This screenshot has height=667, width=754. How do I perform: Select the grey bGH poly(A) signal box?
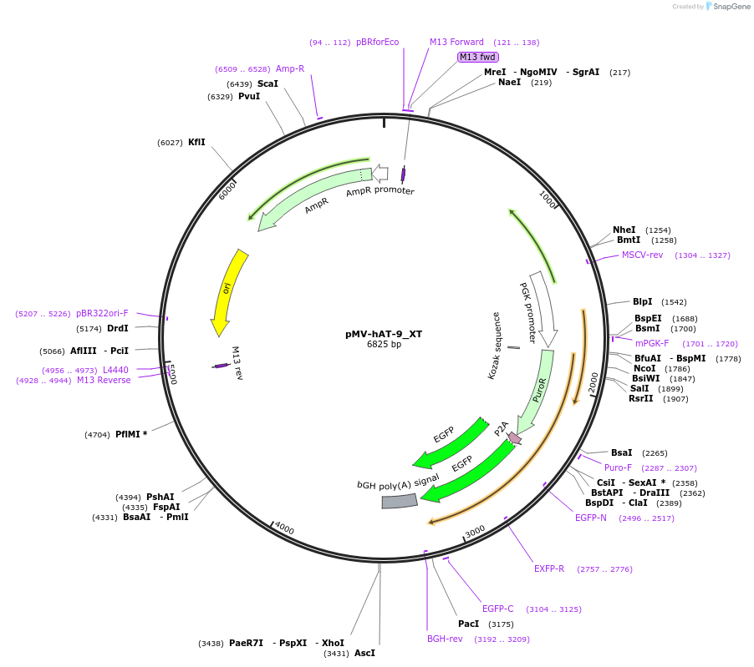pyautogui.click(x=400, y=501)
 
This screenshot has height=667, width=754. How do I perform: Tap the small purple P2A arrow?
pyautogui.click(x=515, y=437)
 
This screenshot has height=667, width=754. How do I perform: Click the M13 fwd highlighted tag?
pyautogui.click(x=478, y=57)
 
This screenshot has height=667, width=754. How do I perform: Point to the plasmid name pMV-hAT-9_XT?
pyautogui.click(x=384, y=334)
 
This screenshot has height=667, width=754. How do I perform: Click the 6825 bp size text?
pyautogui.click(x=384, y=344)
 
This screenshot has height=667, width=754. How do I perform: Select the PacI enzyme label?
pyautogui.click(x=468, y=624)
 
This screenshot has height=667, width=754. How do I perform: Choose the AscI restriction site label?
pyautogui.click(x=364, y=653)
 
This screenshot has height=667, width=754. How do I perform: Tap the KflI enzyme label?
pyautogui.click(x=196, y=142)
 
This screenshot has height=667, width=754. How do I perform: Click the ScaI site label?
pyautogui.click(x=267, y=83)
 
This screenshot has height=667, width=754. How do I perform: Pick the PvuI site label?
pyautogui.click(x=249, y=96)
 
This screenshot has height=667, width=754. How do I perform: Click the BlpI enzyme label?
pyautogui.click(x=642, y=301)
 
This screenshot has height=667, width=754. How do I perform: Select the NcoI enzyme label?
pyautogui.click(x=644, y=368)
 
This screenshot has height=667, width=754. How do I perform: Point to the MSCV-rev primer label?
pyautogui.click(x=642, y=255)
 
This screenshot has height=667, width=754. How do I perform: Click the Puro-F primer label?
pyautogui.click(x=618, y=467)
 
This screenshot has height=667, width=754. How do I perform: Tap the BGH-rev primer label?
pyautogui.click(x=445, y=639)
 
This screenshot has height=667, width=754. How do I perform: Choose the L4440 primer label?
pyautogui.click(x=115, y=370)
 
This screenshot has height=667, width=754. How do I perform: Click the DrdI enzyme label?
pyautogui.click(x=117, y=328)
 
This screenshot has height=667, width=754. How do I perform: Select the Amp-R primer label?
pyautogui.click(x=290, y=68)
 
